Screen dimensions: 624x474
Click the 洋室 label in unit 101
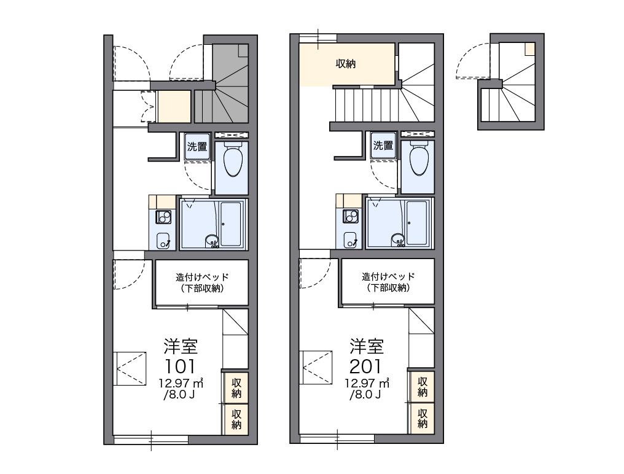[x=181, y=347]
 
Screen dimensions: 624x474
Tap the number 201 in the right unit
[x=365, y=366]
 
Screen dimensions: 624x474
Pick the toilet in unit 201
[x=419, y=158]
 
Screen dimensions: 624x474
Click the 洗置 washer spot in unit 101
[x=197, y=146]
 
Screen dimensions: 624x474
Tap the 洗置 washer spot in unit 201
[x=383, y=146]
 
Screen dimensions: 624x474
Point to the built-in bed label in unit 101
[x=202, y=282]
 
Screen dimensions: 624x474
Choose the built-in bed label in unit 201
[x=388, y=281]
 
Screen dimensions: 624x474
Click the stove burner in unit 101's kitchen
[x=163, y=217]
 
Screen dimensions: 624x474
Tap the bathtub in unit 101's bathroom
[x=231, y=223]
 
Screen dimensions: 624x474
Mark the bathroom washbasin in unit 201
[x=398, y=239]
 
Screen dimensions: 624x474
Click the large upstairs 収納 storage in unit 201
[x=346, y=64]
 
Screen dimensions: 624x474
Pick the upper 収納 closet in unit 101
[x=236, y=387]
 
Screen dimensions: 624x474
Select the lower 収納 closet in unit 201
[x=422, y=418]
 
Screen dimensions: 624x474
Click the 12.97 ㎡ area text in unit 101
[x=181, y=383]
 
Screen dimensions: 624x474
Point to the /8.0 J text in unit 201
[x=365, y=394]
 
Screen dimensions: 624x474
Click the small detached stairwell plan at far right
[x=511, y=82]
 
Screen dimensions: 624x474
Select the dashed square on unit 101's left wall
[x=130, y=368]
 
